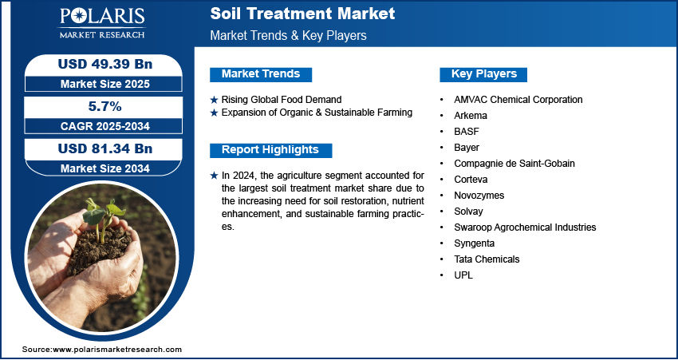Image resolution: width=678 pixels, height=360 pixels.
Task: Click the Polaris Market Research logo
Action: click(102, 22)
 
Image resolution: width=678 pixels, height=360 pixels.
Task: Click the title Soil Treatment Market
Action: click(302, 14)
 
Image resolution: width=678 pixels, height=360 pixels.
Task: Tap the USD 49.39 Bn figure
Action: click(105, 64)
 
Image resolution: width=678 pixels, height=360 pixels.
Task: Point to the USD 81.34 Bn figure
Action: click(105, 148)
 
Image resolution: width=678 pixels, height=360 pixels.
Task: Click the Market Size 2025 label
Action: click(105, 84)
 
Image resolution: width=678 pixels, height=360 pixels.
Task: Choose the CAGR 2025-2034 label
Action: click(105, 126)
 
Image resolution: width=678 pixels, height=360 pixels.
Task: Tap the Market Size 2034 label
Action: click(105, 168)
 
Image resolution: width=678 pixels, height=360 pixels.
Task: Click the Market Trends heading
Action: click(261, 74)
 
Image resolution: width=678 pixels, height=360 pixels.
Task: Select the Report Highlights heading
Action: click(270, 150)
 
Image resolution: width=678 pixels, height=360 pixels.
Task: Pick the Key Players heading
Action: click(484, 74)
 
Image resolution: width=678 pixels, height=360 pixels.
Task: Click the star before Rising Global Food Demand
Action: click(214, 100)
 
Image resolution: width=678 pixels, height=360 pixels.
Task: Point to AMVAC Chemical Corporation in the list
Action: click(518, 100)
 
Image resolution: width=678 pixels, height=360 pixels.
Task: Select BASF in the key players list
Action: click(467, 132)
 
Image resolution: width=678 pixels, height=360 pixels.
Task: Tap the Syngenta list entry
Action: click(474, 243)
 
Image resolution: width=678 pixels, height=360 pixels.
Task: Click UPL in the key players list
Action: click(463, 275)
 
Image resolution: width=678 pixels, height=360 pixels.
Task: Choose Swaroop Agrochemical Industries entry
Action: click(525, 227)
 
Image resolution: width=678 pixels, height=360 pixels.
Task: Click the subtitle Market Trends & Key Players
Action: click(289, 35)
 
